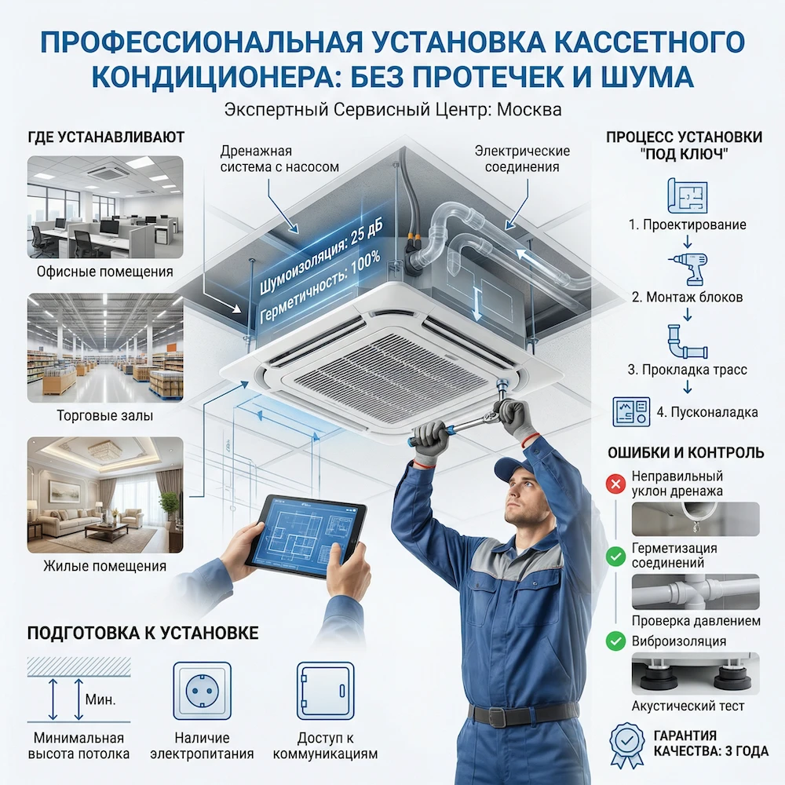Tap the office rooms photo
pyautogui.click(x=105, y=207)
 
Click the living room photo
pyautogui.click(x=105, y=495)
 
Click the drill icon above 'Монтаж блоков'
pyautogui.click(x=688, y=268)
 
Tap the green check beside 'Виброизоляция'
pyautogui.click(x=615, y=641)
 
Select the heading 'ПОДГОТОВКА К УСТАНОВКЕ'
pyautogui.click(x=143, y=633)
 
